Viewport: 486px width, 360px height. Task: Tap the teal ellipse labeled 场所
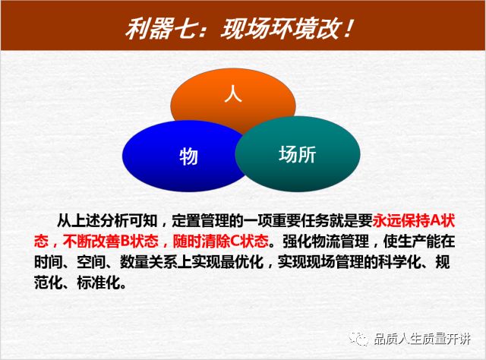(x=298, y=154)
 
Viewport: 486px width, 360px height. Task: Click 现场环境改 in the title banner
(x=280, y=29)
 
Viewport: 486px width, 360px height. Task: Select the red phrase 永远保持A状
(x=413, y=221)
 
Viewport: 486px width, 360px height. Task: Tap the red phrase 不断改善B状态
(x=111, y=241)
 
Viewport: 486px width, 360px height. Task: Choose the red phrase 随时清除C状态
(x=220, y=241)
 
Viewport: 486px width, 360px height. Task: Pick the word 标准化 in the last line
(x=99, y=283)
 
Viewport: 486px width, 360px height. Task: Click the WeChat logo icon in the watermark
(x=358, y=339)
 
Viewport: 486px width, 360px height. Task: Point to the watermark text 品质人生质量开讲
(x=422, y=339)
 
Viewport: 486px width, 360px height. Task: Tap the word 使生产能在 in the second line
(x=419, y=241)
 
